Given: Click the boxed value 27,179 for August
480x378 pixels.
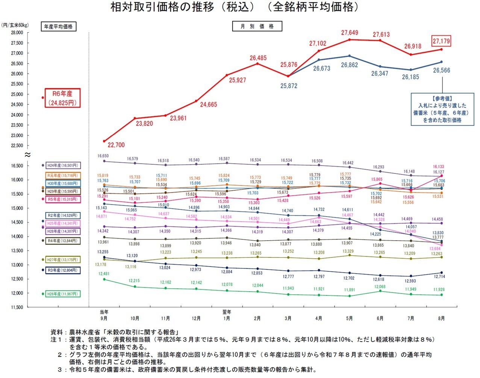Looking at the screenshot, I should click(441, 41).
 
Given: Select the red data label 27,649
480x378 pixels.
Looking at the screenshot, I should click(350, 33).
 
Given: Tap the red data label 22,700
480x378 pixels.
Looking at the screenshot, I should click(116, 145).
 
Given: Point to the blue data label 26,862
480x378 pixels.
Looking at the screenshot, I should click(350, 65).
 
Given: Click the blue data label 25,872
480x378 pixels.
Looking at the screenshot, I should click(289, 86).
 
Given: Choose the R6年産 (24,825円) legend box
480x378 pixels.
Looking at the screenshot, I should click(62, 98).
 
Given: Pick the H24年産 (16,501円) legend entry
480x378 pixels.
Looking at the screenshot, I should click(63, 166).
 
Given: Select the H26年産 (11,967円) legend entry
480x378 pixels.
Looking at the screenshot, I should click(63, 294).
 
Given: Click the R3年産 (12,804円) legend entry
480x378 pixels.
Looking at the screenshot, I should click(63, 270).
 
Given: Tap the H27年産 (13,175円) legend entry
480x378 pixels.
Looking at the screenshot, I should click(63, 260).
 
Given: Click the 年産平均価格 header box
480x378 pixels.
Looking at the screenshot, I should click(58, 27).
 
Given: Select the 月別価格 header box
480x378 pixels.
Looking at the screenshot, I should click(257, 26).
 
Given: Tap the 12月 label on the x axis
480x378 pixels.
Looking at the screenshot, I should click(196, 319).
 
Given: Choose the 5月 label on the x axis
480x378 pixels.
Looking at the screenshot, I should click(350, 319).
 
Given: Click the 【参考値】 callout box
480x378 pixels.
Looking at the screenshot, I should click(442, 109).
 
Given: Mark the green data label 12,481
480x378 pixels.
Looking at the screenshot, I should click(104, 274).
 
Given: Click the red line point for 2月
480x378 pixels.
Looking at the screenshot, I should click(257, 63).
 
